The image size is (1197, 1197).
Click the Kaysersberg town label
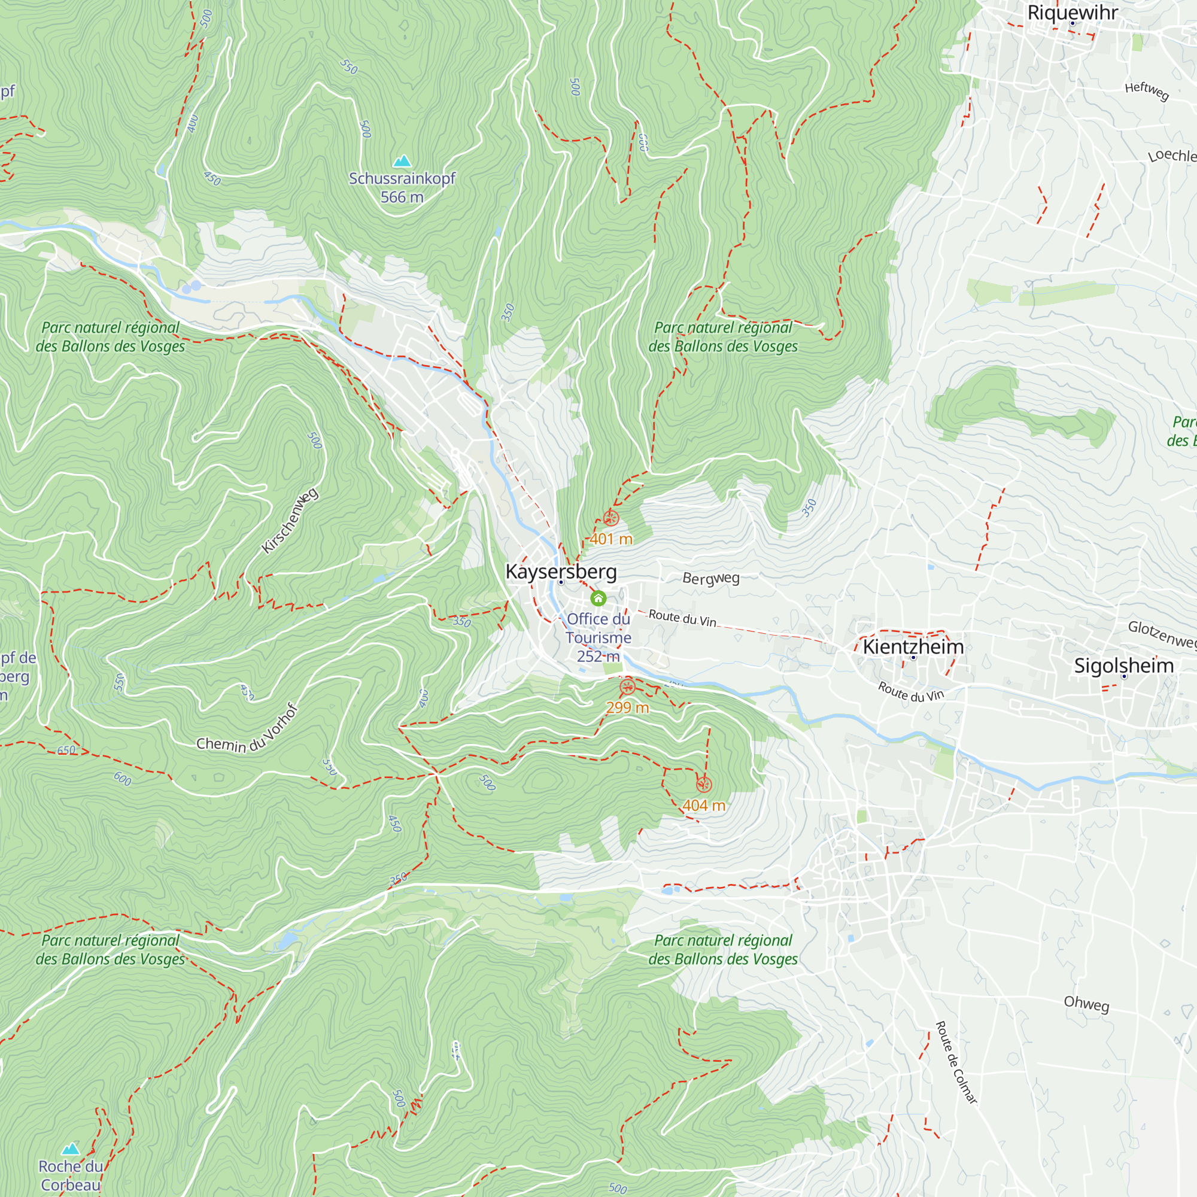coord(561,571)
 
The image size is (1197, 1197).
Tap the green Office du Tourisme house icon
coord(598,598)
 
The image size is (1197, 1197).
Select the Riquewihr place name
coord(1073,13)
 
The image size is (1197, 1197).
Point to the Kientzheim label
coord(913,647)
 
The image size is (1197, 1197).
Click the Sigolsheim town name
coord(1123,666)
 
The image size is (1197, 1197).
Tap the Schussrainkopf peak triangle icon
coord(402,162)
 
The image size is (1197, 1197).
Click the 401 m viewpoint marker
coord(611,518)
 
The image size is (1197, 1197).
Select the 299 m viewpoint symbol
coord(627,687)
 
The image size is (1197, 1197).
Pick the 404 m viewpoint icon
coord(703,785)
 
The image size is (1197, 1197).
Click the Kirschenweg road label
coord(290,521)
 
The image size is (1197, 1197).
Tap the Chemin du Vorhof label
coord(247,731)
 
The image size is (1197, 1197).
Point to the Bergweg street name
coord(710,578)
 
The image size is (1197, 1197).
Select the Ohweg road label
coord(1086,1003)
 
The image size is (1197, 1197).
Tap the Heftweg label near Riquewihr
coord(1146,90)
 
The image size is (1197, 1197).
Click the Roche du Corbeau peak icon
coord(71,1149)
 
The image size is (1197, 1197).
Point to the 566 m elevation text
coord(402,197)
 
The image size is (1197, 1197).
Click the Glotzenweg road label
coord(1162,634)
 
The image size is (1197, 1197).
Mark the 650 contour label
coord(66,751)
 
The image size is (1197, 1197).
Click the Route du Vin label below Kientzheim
coord(910,691)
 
